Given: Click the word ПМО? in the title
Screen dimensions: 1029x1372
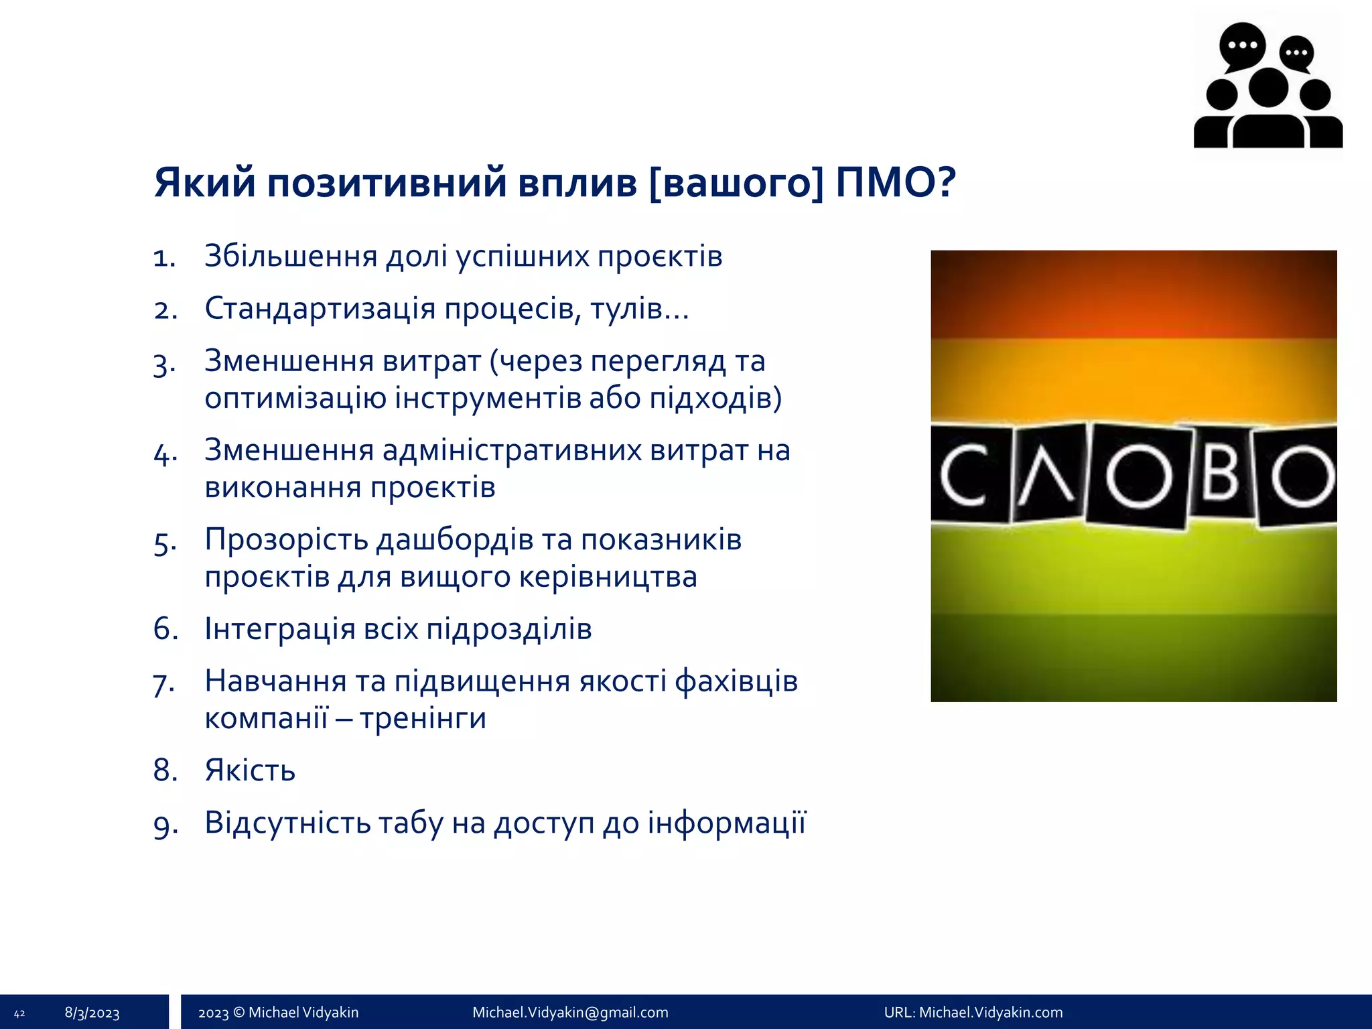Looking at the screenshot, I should [896, 182].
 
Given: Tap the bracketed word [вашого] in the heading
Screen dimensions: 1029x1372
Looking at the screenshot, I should [736, 182].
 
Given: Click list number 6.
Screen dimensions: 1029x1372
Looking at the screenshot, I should [165, 629].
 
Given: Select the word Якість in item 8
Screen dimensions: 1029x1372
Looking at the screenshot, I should [250, 770].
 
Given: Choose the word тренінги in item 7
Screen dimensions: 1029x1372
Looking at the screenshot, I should [423, 718].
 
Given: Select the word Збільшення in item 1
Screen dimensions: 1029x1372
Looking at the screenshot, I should [291, 257].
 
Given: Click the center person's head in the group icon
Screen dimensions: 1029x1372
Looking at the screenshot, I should [1268, 88].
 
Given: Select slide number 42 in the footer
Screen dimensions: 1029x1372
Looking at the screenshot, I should [19, 1014].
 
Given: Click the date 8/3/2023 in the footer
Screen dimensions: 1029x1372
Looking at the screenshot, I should [92, 1013].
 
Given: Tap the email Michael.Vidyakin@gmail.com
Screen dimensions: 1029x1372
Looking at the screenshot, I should [570, 1012].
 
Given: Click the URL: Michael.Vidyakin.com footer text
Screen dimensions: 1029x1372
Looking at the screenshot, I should [973, 1012].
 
